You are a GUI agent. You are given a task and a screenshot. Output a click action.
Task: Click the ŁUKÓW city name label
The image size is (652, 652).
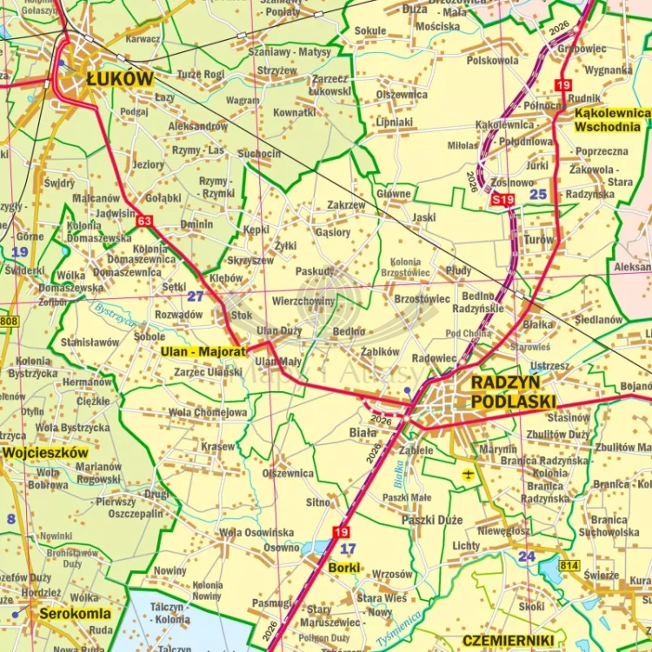tap(120, 79)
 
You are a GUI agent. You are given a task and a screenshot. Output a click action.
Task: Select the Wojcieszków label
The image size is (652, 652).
tap(45, 453)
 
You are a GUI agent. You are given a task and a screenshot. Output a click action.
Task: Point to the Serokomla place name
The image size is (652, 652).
tap(76, 612)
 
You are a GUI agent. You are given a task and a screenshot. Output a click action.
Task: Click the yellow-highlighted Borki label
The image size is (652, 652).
tap(345, 568)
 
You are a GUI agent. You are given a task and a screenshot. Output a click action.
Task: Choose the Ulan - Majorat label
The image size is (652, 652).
tap(203, 352)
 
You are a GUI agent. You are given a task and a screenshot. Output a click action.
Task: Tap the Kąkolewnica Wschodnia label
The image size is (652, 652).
tap(611, 120)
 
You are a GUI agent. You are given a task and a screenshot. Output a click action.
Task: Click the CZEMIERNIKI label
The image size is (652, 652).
tap(509, 641)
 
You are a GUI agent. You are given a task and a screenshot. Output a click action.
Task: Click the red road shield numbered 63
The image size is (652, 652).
tap(144, 221)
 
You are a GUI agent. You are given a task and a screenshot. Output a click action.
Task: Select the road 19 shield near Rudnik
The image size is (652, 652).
tap(563, 84)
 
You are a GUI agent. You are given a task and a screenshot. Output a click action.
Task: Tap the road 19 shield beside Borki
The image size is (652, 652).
tap(342, 532)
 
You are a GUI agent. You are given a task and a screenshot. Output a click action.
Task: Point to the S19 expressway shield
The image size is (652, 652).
tap(502, 200)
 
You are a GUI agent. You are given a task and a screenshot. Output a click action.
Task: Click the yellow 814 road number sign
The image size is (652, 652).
tap(569, 566)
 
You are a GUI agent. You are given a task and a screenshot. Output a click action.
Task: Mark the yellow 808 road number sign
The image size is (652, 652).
tap(9, 322)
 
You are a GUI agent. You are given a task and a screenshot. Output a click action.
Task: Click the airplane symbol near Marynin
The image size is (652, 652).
tap(469, 474)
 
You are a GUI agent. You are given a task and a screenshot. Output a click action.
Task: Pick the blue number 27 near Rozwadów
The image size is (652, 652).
tap(196, 296)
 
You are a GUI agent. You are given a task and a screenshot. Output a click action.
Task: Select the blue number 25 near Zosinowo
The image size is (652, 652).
tap(539, 194)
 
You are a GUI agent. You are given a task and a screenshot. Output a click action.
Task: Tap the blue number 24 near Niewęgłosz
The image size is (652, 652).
tap(527, 556)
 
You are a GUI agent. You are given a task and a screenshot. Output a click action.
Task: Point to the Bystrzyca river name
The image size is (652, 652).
tap(116, 315)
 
